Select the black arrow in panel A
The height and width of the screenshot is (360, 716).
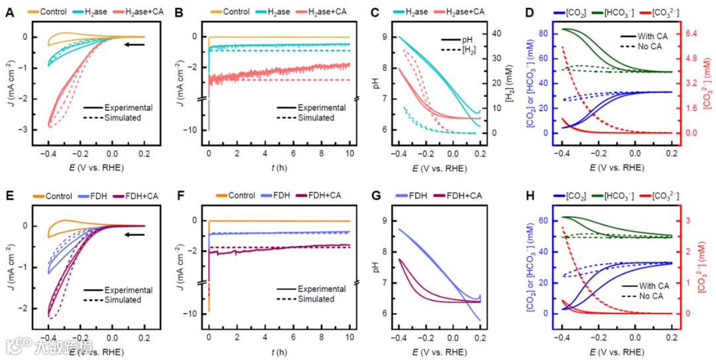(x=135, y=45)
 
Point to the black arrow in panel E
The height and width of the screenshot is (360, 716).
(x=135, y=234)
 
